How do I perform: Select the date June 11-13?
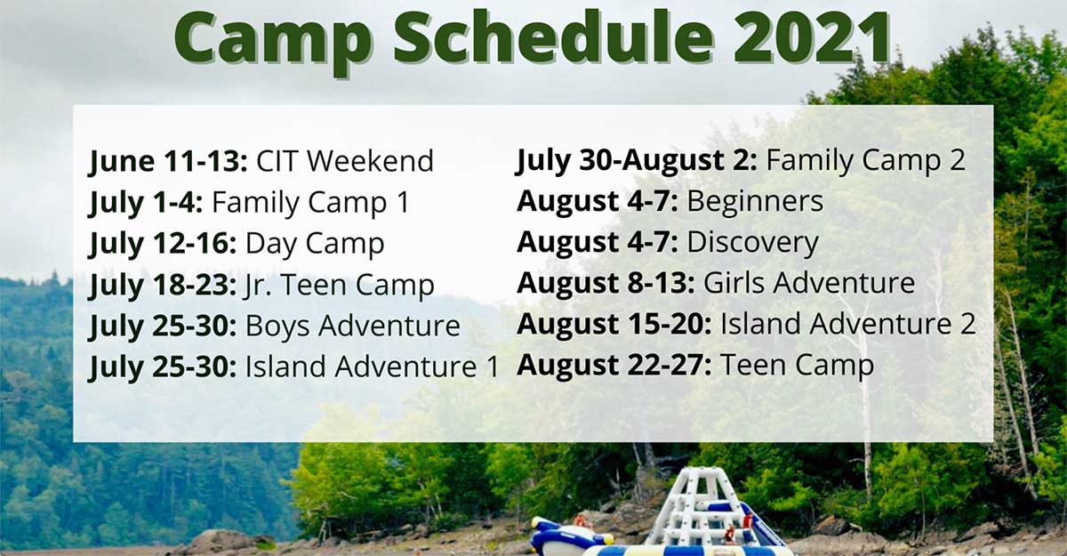point(168,162)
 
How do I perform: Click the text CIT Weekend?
point(345,160)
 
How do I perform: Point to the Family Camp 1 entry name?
point(310,203)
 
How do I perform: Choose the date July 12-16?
point(163,245)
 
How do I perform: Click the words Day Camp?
point(315,245)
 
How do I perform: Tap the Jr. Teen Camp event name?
point(339,286)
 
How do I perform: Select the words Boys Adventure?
point(352,326)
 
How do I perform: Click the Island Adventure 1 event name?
point(372,367)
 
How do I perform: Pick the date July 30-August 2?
point(637,160)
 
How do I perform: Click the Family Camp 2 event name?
point(865,160)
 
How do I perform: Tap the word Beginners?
point(755,202)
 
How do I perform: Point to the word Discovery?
point(752,243)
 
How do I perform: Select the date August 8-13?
point(606,284)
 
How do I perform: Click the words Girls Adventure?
point(809,283)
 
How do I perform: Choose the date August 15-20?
point(614,325)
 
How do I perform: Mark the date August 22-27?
point(614,366)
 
